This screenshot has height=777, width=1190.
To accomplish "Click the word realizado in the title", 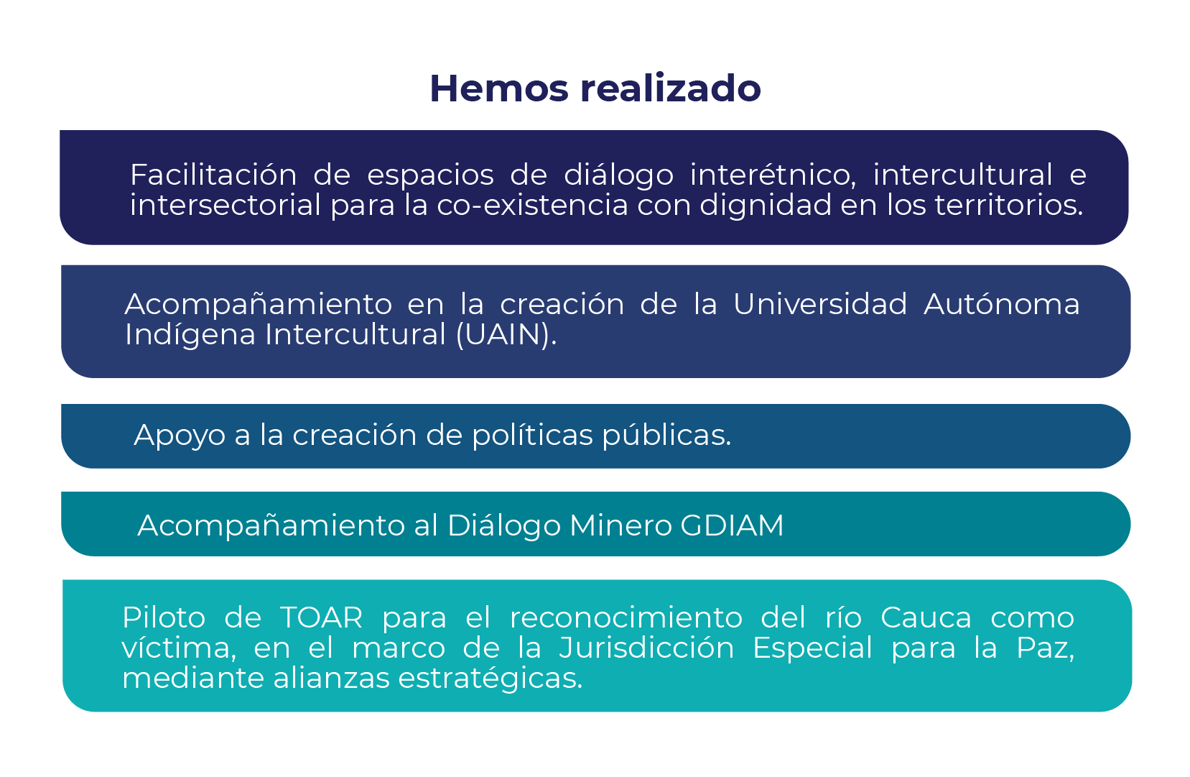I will coord(670,88).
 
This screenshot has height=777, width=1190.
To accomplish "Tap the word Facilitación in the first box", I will coord(213,175).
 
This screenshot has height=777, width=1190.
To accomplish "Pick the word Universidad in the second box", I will coord(820,304).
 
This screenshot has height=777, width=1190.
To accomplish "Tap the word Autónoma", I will coord(1001,304).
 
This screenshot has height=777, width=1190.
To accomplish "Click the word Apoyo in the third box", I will coord(180,436).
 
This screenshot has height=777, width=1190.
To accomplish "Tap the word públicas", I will coord(666,436).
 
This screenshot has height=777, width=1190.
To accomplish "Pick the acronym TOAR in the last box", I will coord(321,618).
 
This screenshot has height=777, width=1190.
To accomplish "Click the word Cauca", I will coord(926,618).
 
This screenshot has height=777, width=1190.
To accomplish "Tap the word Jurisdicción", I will coord(646,648).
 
